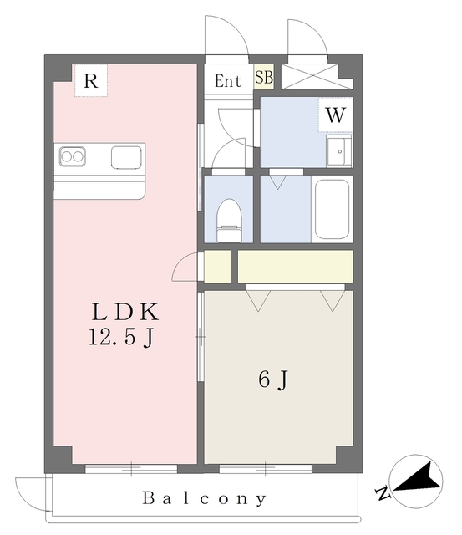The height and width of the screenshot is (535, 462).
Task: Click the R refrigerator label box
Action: pos(91,80)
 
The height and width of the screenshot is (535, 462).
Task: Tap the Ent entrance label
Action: pos(228,81)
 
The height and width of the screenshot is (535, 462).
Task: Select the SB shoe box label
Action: pos(264,77)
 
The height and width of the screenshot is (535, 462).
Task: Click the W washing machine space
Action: pos(336,115)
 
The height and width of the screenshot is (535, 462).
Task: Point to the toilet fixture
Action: pos(230,221)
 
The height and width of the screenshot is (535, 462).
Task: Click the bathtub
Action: pos(333,209)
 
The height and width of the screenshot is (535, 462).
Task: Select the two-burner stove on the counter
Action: pos(73,156)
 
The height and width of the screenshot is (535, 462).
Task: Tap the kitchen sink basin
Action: pos(126,157)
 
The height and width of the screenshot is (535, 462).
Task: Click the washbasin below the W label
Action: pos(339,150)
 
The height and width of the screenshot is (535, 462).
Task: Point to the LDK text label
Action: pos(125,312)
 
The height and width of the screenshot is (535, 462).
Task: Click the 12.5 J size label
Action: pos(122,337)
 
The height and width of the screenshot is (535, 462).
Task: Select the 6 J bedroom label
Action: pos(273,380)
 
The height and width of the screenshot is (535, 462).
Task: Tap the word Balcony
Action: pos(204,498)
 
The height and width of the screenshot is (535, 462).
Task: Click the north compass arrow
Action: pos(419,477)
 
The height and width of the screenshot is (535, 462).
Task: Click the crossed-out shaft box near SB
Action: pos(317,77)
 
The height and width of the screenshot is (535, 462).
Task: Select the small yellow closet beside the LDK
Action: pos(217,267)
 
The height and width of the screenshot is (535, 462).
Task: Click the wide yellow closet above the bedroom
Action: pos(295,267)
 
